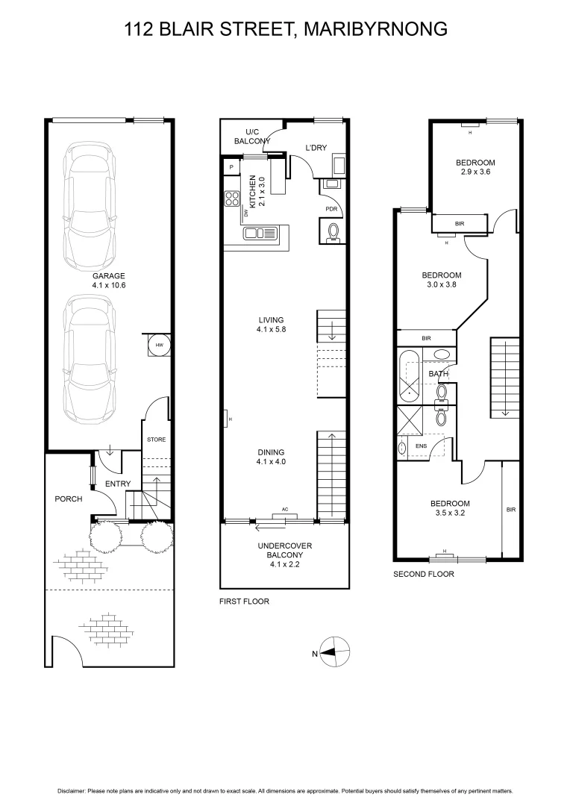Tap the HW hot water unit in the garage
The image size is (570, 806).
click(160, 345)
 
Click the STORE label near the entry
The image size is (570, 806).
click(156, 440)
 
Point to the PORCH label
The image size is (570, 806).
click(68, 499)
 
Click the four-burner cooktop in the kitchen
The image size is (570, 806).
click(232, 199)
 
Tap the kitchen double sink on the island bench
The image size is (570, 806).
click(260, 234)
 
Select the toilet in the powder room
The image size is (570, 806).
click(333, 232)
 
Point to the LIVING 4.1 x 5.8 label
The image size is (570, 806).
click(271, 325)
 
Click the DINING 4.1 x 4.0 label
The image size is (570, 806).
click(271, 457)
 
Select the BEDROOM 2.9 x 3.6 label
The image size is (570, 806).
click(475, 167)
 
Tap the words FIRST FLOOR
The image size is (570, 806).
click(244, 602)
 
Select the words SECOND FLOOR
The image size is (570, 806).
click(423, 574)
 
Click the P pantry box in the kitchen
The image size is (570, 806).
click(232, 166)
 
